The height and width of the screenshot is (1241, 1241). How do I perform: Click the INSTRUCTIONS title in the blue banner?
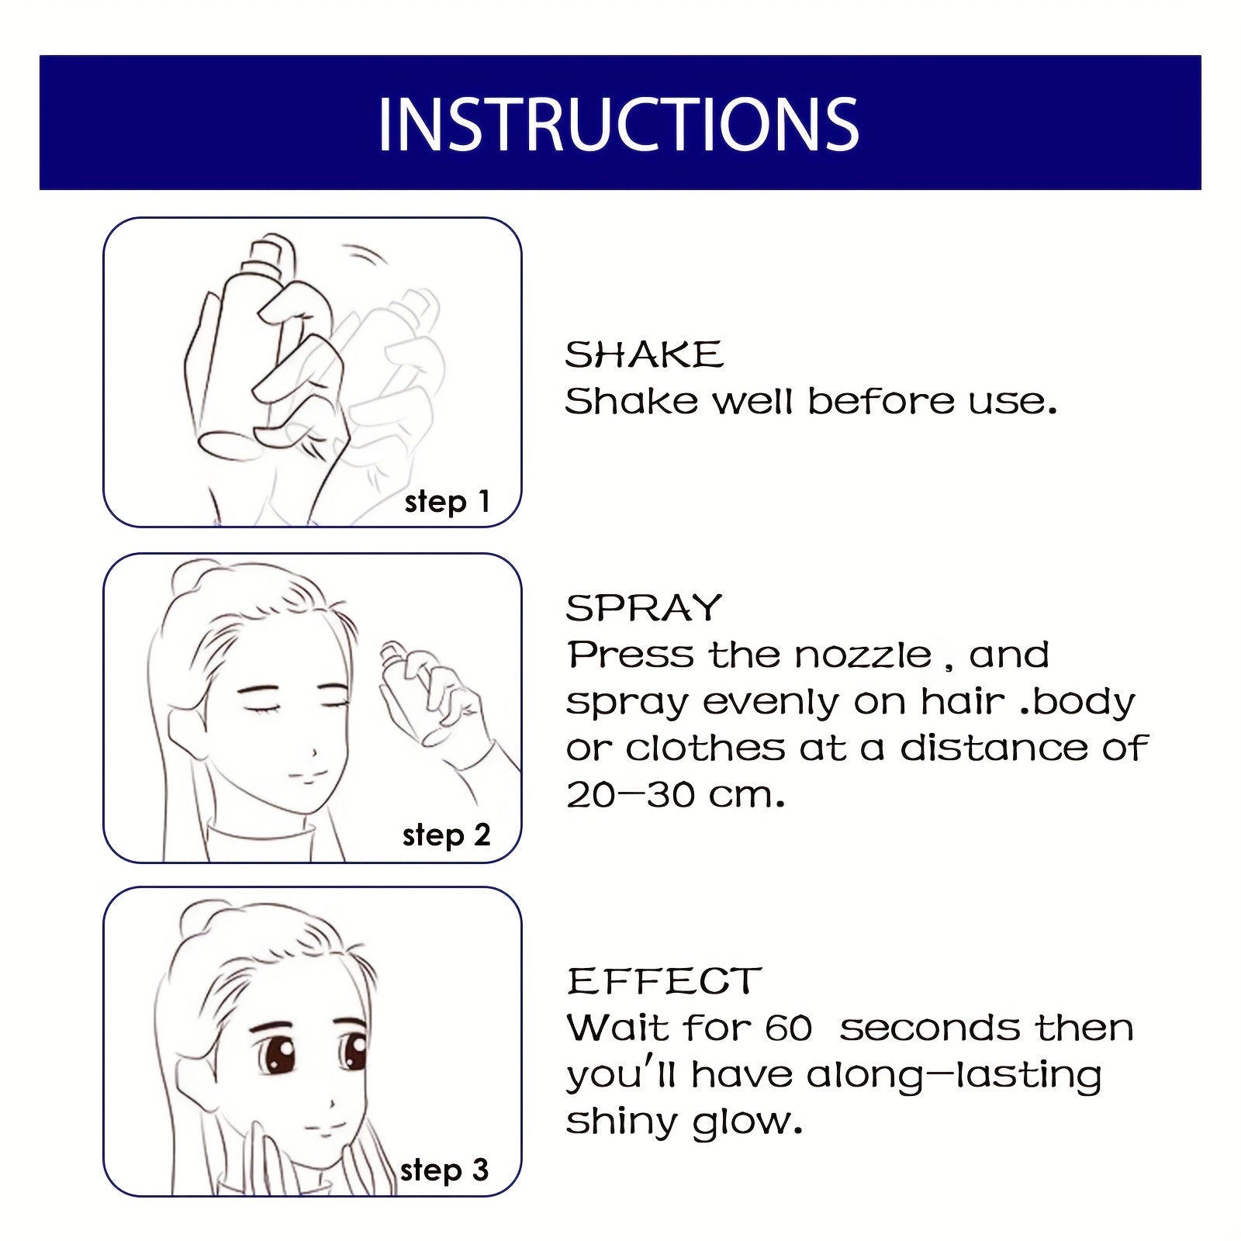[x=618, y=124]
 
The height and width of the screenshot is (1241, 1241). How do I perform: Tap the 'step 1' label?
[x=447, y=502]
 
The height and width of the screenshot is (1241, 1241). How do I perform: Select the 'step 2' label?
[x=446, y=835]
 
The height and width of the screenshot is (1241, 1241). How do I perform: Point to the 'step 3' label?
[x=444, y=1170]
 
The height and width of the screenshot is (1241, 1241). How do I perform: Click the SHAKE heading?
[x=644, y=355]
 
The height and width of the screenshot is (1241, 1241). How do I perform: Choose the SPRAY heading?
[x=644, y=608]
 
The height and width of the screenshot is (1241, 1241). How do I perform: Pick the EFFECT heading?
[x=664, y=981]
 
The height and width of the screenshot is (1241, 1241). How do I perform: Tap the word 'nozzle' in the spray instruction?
[x=862, y=655]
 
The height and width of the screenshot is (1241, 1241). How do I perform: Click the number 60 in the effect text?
[x=788, y=1029]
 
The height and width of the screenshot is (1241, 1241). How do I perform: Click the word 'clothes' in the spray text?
[x=705, y=748]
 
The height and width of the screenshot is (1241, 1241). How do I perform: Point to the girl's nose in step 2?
[x=313, y=752]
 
